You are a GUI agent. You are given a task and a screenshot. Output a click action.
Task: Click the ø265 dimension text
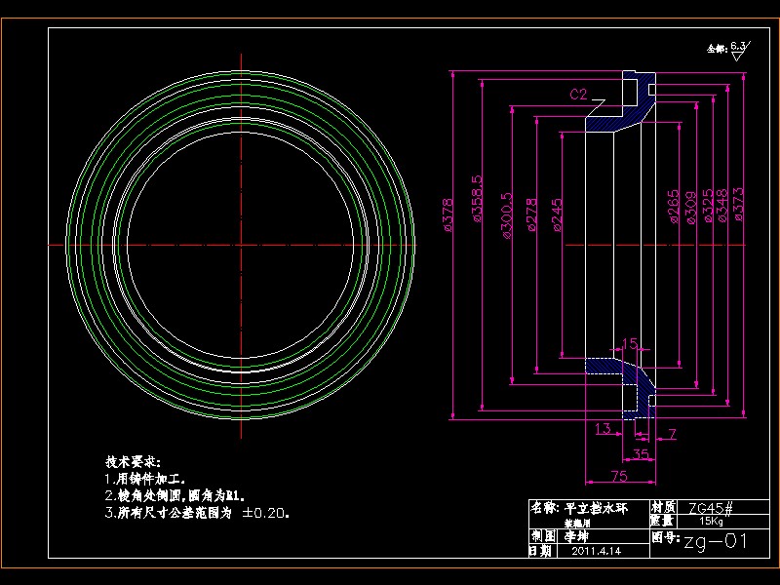pos(674,207)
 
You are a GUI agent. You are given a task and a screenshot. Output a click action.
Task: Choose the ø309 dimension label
pos(690,207)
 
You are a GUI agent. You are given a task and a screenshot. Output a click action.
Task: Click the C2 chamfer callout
pos(579,95)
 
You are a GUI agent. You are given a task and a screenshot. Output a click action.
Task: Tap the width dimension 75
pos(619,476)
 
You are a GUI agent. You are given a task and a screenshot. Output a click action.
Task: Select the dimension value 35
pos(641,453)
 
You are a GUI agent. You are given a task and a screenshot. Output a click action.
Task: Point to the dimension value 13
pos(602,429)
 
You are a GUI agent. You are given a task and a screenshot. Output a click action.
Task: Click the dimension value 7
pos(673,431)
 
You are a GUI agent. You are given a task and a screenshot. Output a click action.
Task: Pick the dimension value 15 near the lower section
pos(630,343)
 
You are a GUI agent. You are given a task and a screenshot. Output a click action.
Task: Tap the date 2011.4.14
pos(597,551)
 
